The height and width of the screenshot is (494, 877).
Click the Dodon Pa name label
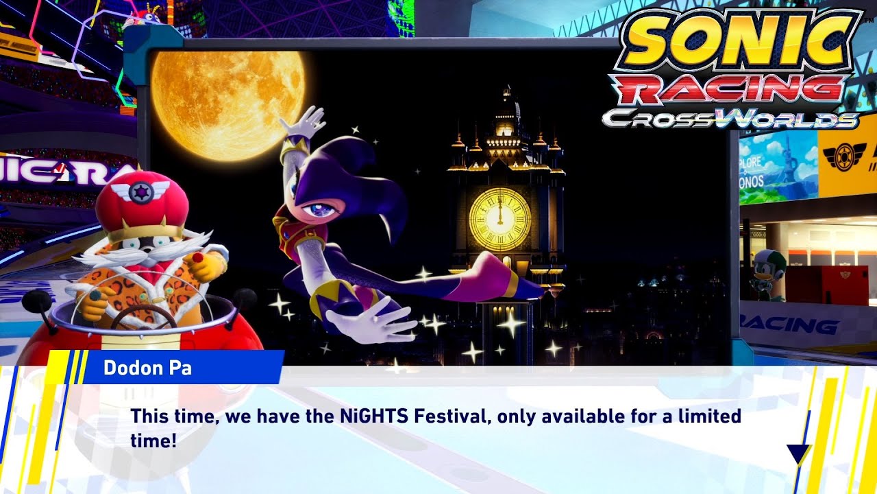147,368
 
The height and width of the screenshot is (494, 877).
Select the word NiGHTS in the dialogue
371,416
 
